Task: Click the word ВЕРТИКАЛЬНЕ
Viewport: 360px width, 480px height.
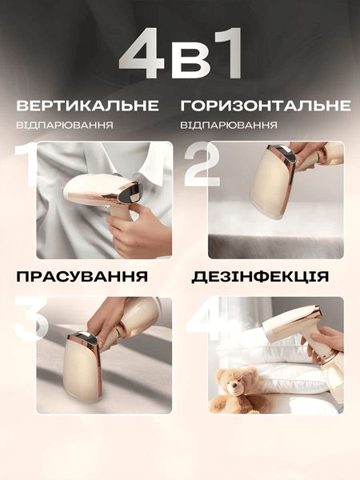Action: click(x=87, y=106)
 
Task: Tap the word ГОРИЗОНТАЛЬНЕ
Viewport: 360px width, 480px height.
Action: click(x=266, y=106)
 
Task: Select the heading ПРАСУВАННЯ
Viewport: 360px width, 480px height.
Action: click(x=82, y=276)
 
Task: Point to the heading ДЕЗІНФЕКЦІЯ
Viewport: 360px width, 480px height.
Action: click(x=260, y=277)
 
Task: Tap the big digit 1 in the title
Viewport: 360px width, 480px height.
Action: click(x=226, y=53)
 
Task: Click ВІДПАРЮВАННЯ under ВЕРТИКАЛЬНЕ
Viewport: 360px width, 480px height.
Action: click(x=65, y=126)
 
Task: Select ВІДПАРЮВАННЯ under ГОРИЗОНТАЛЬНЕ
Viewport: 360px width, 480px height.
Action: click(x=229, y=126)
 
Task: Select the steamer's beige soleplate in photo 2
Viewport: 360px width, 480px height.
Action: click(x=268, y=185)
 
